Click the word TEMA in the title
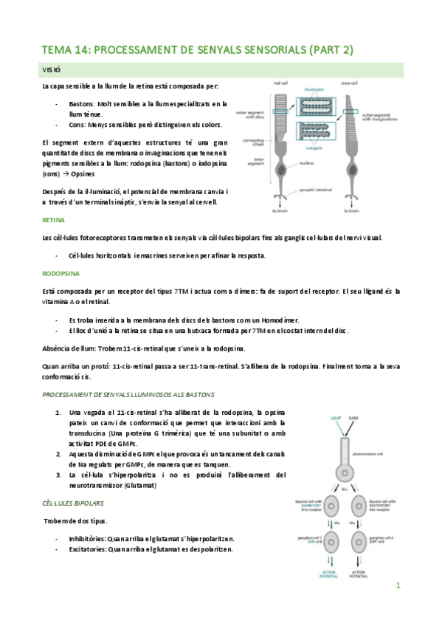[x=57, y=50]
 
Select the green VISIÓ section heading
[x=51, y=70]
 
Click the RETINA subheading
[x=53, y=220]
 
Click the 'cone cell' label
[x=350, y=83]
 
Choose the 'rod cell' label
[x=280, y=83]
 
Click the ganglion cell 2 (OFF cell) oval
[x=359, y=539]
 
